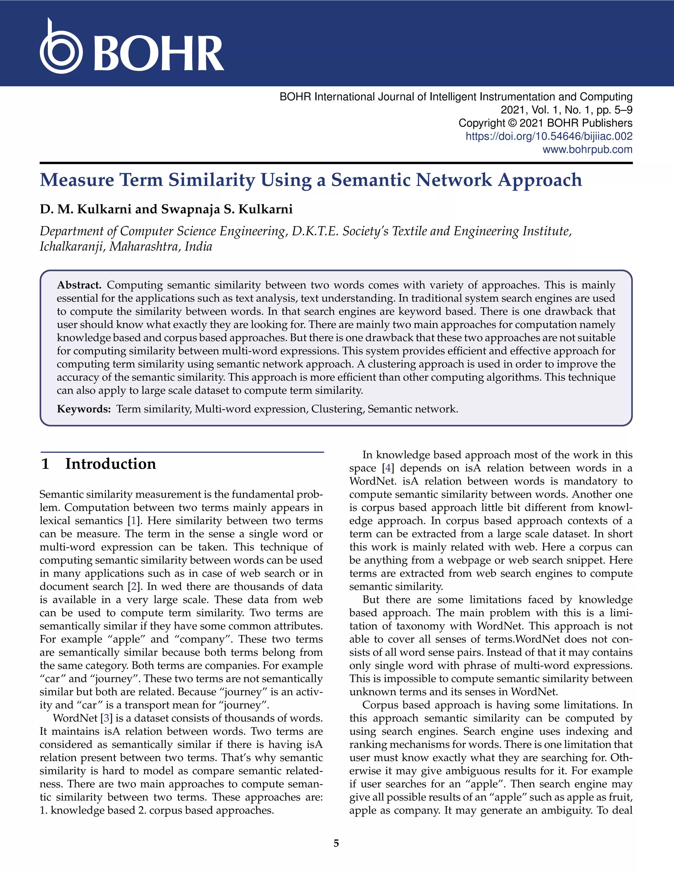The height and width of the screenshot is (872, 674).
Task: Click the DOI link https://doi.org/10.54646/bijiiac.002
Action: (x=549, y=136)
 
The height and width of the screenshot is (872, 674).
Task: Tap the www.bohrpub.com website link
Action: (x=587, y=150)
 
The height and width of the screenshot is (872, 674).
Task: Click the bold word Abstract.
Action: (x=79, y=285)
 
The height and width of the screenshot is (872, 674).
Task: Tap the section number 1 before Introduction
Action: (x=45, y=464)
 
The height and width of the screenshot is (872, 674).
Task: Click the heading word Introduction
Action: (x=111, y=464)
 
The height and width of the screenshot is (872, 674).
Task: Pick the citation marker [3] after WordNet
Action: (x=106, y=718)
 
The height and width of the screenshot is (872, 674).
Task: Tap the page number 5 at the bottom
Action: (x=336, y=843)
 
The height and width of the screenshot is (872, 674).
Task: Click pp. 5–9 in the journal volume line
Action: (x=614, y=110)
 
